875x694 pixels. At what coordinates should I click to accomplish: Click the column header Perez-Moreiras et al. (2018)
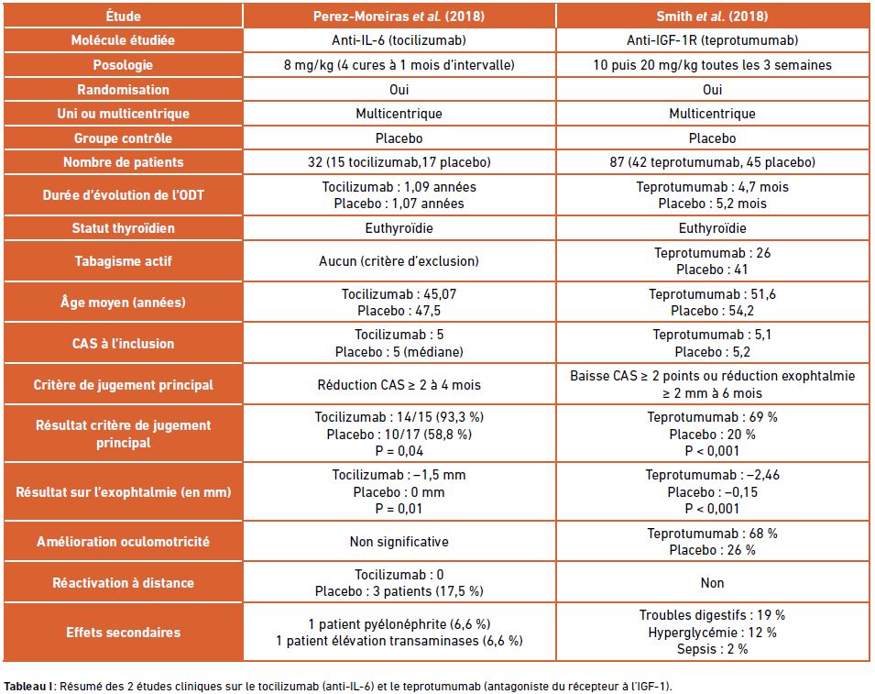[x=399, y=16]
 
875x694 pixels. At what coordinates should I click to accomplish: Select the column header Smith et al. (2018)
[x=712, y=16]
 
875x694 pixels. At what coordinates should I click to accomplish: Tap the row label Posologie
[x=123, y=65]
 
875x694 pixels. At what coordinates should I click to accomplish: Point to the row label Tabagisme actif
[x=123, y=260]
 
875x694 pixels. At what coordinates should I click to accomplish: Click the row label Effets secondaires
[x=123, y=632]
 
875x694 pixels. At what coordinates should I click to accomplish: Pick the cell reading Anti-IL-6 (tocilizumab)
[x=399, y=40]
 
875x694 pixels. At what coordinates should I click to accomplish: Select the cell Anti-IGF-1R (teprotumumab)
[x=712, y=40]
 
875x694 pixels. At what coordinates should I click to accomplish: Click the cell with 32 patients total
[x=399, y=162]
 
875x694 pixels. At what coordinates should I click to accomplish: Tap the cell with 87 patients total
[x=712, y=162]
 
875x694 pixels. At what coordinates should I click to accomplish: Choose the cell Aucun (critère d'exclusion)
[x=399, y=260]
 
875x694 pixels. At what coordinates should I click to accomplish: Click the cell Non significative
[x=399, y=541]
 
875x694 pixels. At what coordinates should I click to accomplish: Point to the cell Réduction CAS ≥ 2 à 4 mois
[x=399, y=385]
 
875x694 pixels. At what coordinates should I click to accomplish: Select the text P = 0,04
[x=399, y=450]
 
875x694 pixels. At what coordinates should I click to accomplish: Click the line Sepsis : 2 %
[x=712, y=649]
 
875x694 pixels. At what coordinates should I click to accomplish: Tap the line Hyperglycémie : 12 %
[x=712, y=632]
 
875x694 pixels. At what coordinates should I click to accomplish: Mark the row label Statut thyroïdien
[x=123, y=227]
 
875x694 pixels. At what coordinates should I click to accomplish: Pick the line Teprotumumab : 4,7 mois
[x=712, y=186]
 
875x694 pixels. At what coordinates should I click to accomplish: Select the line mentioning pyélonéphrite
[x=399, y=623]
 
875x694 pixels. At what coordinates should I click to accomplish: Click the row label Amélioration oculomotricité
[x=123, y=541]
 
